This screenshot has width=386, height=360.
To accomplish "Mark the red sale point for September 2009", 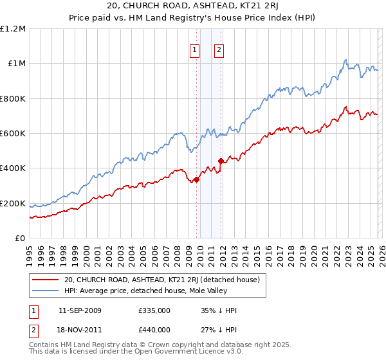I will click(196, 179).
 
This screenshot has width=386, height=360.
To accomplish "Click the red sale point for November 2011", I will click(221, 161).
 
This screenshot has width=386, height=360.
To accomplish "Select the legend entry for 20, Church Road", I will click(161, 280).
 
